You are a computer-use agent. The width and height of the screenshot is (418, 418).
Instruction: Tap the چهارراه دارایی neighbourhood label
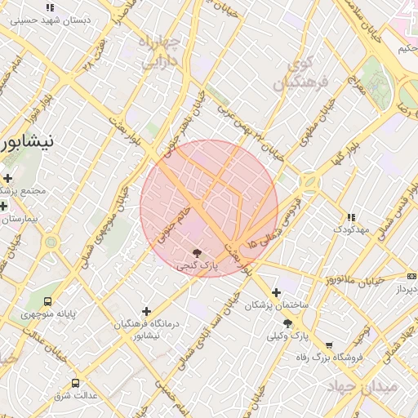pyautogui.click(x=161, y=52)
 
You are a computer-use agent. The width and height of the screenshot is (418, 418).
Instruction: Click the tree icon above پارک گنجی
pyautogui.click(x=197, y=252)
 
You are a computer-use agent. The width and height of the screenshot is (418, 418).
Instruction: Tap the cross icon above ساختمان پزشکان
pyautogui.click(x=276, y=292)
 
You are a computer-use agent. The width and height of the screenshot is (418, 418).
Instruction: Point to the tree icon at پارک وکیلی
pyautogui.click(x=287, y=323)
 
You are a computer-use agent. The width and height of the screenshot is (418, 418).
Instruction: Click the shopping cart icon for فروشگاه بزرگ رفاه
pyautogui.click(x=328, y=345)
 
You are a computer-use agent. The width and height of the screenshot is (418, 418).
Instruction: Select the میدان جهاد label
pyautogui.click(x=362, y=386)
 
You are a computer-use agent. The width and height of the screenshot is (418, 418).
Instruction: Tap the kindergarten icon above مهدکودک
pyautogui.click(x=351, y=218)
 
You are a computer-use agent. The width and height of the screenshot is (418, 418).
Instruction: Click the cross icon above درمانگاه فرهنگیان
pyautogui.click(x=146, y=311)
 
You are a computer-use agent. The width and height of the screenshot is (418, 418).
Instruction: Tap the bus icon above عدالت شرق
pyautogui.click(x=76, y=383)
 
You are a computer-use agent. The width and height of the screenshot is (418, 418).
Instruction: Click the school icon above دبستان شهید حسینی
pyautogui.click(x=50, y=7)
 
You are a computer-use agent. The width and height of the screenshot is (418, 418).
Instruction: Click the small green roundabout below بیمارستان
pyautogui.click(x=51, y=242)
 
